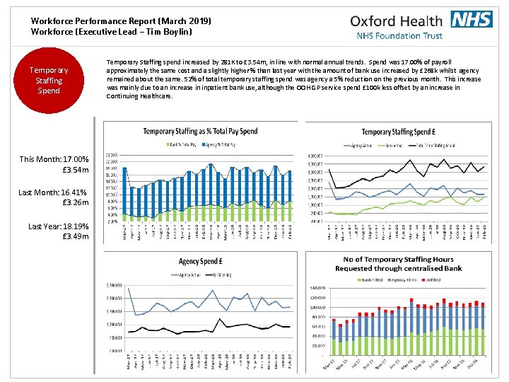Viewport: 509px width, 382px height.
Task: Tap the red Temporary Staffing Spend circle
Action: (49, 80)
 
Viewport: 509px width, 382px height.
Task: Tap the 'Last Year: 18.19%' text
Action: (59, 226)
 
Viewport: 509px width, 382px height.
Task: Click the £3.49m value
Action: (76, 236)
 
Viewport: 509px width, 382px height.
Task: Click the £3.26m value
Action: (76, 202)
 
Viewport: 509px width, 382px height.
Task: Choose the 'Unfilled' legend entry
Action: (432, 279)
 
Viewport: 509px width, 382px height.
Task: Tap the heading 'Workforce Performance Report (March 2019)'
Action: (121, 21)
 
